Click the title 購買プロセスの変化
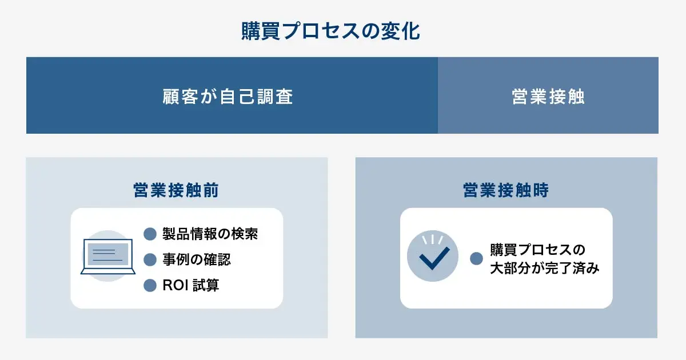pos(330,31)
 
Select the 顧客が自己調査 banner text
pos(228,97)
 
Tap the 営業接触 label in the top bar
pos(548,97)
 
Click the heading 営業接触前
pos(176,190)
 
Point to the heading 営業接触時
pos(506,190)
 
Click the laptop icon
pos(107,257)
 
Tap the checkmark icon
pos(433,258)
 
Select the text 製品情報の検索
pos(210,234)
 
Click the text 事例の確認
pos(197,259)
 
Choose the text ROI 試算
pos(190,285)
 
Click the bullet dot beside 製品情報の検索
pos(150,234)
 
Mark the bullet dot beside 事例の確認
pos(150,259)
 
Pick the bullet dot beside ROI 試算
pos(150,285)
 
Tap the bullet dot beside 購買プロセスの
pos(476,259)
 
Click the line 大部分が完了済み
pos(544,268)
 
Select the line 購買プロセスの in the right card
pos(537,250)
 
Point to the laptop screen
pos(107,253)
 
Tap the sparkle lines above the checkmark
pos(433,238)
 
